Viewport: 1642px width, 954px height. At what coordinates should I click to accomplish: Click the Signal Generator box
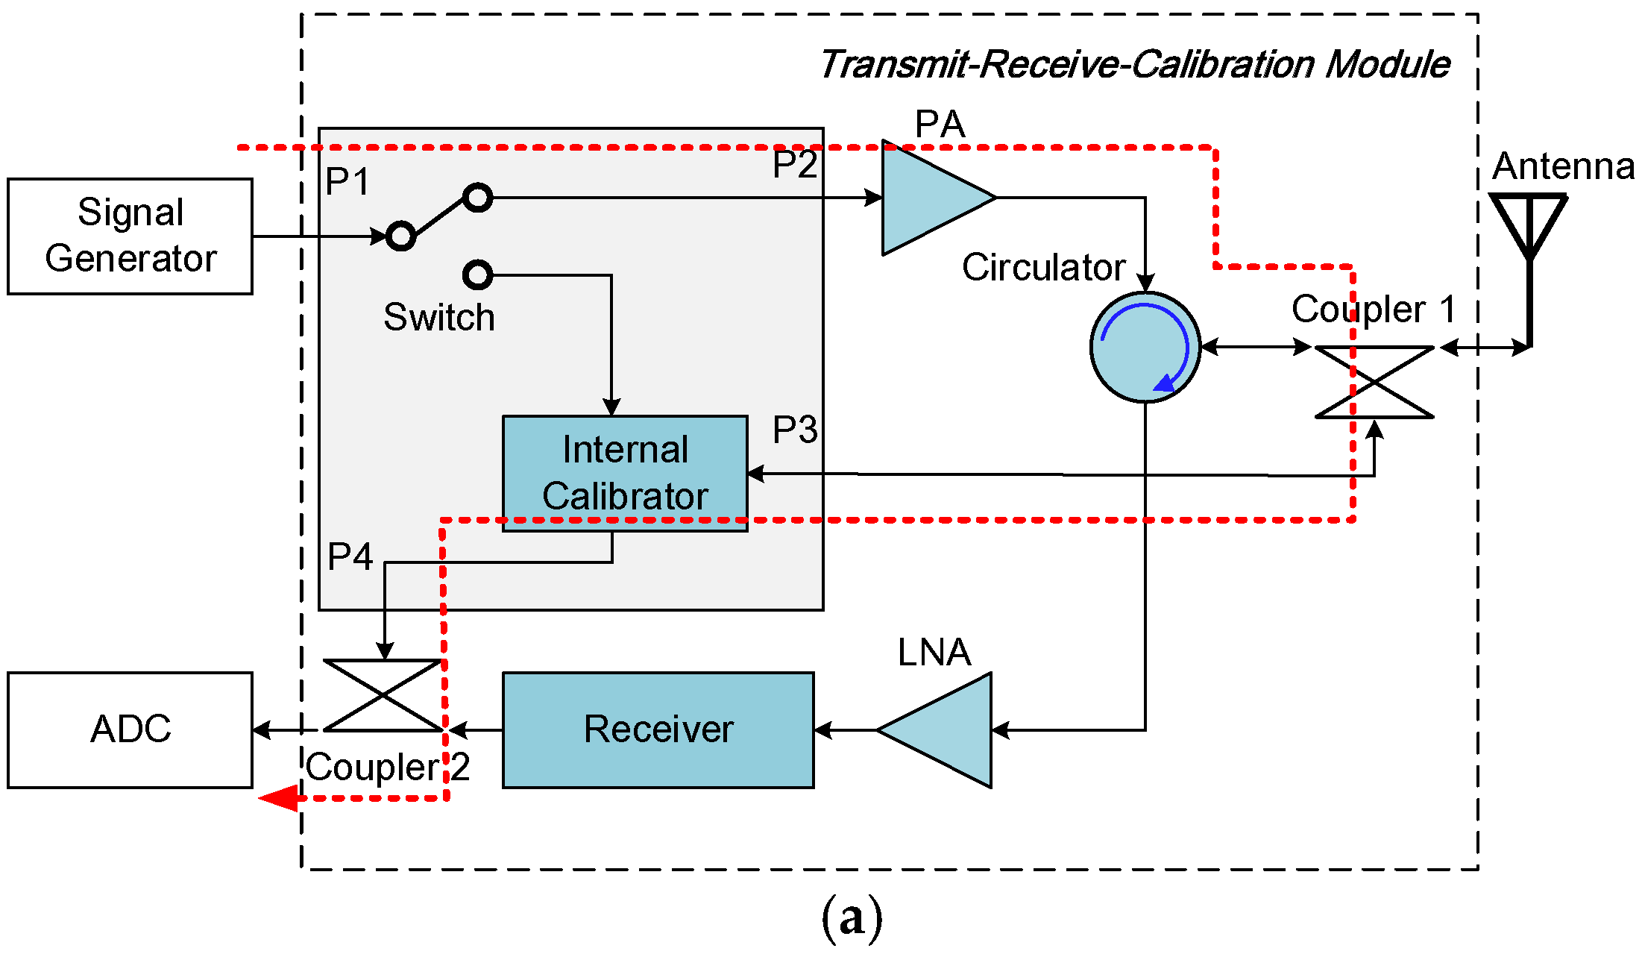click(130, 236)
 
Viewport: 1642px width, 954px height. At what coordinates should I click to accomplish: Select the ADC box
click(130, 729)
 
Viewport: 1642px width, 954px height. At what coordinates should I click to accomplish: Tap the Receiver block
click(658, 729)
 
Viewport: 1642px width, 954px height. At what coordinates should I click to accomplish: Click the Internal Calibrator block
click(625, 473)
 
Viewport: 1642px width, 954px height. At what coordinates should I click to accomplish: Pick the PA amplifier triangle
click(928, 198)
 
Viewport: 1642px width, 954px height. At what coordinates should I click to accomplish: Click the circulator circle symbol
click(1145, 348)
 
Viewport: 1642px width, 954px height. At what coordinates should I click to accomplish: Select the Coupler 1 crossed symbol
click(1374, 382)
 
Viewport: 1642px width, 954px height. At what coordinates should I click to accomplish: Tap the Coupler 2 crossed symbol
click(383, 695)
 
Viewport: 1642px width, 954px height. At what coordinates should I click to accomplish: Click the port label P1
click(347, 181)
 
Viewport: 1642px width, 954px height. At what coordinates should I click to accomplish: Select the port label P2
click(795, 164)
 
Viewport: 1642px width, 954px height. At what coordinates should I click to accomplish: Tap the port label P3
click(795, 430)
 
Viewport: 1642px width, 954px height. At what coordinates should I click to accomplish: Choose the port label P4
click(350, 556)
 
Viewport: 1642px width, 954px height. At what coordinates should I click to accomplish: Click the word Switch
click(438, 317)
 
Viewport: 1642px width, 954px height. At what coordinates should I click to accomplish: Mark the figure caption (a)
click(852, 917)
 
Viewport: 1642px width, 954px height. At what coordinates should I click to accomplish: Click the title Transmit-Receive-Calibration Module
click(1133, 64)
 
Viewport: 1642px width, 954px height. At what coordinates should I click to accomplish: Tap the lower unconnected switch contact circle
click(477, 274)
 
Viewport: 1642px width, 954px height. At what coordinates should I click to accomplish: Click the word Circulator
click(1042, 267)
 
